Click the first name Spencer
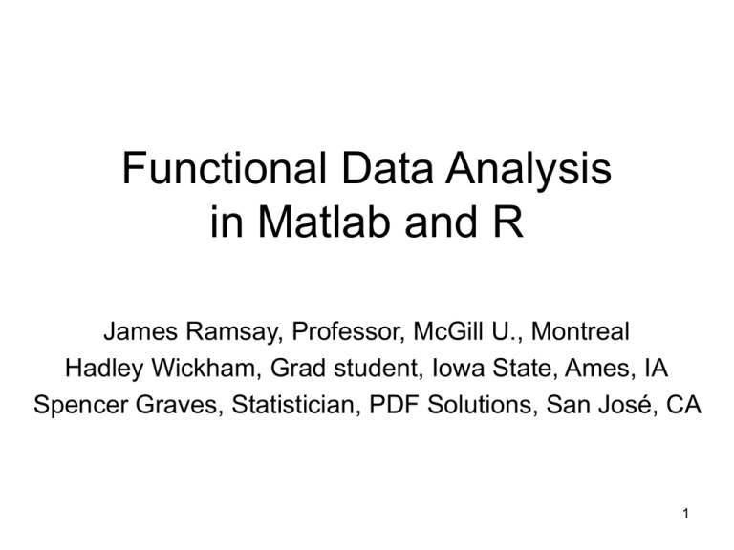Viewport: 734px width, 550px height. [76, 404]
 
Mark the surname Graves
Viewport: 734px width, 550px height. [169, 404]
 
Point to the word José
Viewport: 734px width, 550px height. [625, 404]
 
